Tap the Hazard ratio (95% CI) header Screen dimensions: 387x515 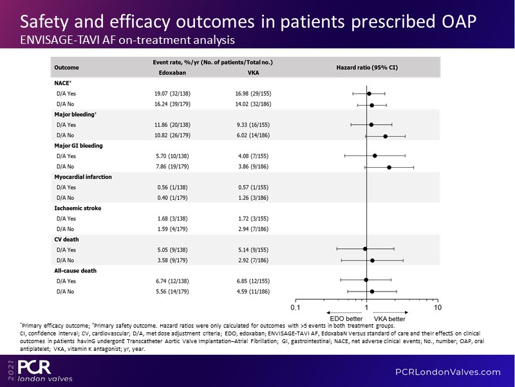pos(367,67)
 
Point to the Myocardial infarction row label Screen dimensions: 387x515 pos(83,176)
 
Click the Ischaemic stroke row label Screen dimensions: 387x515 pos(77,208)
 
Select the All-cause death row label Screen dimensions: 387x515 pos(75,270)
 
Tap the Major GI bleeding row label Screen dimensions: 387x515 pos(78,146)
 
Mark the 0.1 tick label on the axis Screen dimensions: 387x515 pos(295,307)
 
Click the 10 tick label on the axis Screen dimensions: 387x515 pos(438,307)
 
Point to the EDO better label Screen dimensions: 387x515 pos(345,319)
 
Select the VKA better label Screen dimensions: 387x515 pos(389,319)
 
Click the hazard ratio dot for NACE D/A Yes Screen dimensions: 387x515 pos(369,94)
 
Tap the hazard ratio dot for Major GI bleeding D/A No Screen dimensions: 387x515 pos(389,166)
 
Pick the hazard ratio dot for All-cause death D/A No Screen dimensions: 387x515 pos(372,291)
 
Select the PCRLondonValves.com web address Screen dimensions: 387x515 pos(447,372)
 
